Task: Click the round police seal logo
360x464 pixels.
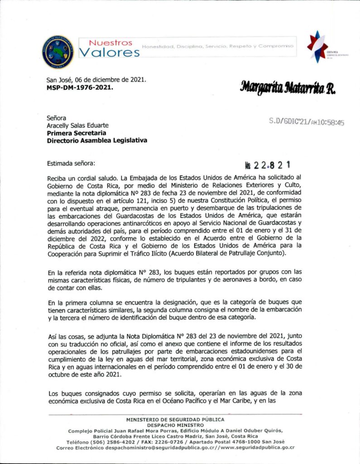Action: pos(58,52)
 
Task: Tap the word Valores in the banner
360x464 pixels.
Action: pos(109,53)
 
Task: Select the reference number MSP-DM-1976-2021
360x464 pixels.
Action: pos(80,87)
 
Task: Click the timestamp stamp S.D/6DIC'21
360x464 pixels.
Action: pos(306,122)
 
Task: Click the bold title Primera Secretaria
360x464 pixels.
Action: pos(77,133)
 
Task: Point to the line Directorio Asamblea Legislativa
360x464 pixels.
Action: pos(97,140)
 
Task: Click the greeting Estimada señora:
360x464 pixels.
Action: pos(71,163)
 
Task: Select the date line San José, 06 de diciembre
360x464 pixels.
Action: pos(96,80)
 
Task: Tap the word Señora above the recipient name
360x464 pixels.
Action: pos(57,117)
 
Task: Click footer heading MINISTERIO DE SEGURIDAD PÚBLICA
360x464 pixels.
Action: pos(180,420)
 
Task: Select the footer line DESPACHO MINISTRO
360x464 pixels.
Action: pos(180,425)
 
